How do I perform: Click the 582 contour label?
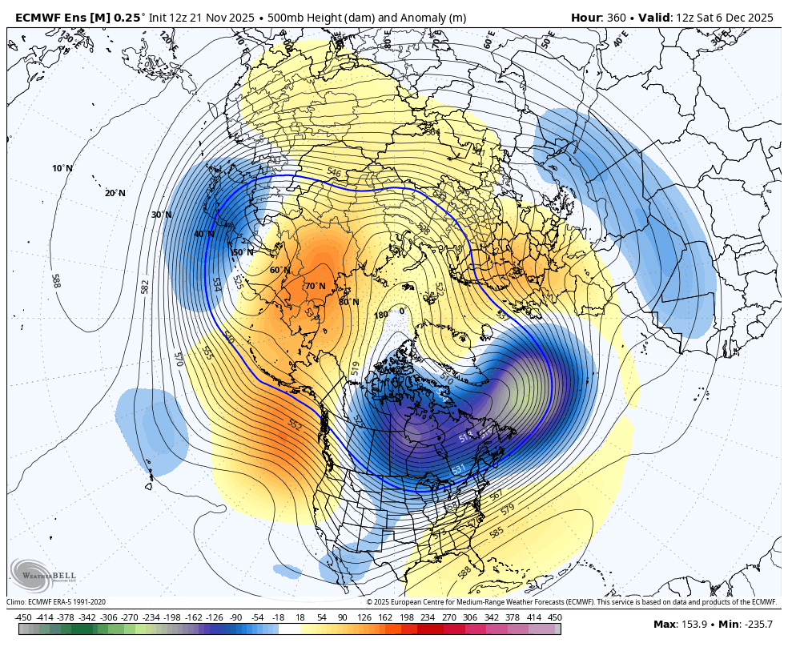145,286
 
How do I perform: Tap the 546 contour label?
334,172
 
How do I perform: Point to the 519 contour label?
355,368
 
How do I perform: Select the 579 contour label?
508,510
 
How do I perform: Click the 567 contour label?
497,496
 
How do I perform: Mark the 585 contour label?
497,532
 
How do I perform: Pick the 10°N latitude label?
62,168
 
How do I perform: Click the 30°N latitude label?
162,215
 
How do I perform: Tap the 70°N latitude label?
315,286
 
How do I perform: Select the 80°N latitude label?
348,302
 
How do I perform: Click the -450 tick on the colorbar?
23,617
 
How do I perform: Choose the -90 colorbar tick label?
235,617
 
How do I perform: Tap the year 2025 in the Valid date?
758,18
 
